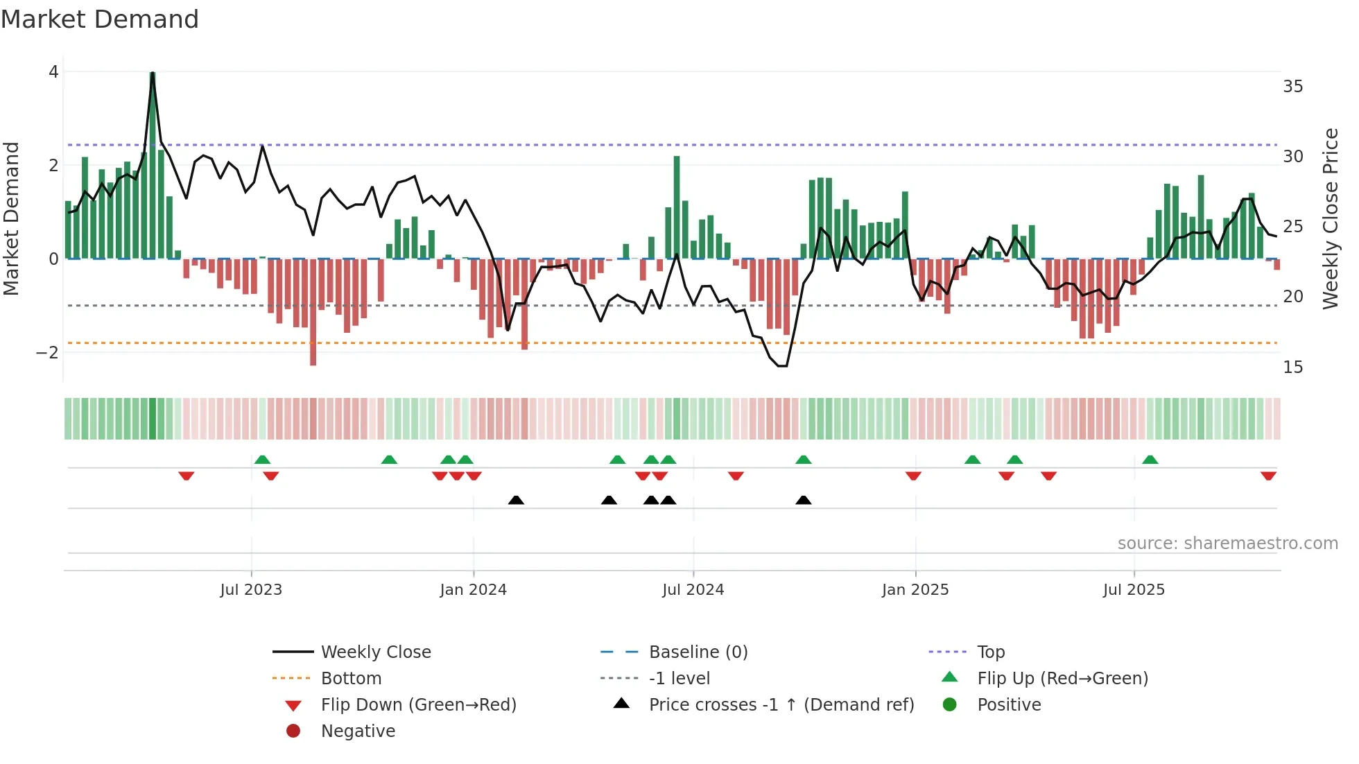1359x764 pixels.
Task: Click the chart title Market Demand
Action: coord(100,19)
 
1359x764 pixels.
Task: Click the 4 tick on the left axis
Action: coord(53,72)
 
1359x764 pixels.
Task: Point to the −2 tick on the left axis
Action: coord(48,352)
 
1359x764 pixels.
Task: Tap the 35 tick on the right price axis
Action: coord(1292,87)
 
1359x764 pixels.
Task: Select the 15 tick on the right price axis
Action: coord(1292,367)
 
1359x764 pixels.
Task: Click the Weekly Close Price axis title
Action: coord(1330,218)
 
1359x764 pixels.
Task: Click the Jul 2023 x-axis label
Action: coord(251,590)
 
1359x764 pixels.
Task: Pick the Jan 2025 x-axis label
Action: coord(915,590)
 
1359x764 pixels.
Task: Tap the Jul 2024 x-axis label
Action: coord(693,590)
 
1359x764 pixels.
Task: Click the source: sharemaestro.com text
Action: coord(1227,544)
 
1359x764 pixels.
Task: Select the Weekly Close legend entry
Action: coord(375,652)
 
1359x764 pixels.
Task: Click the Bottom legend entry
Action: coord(351,679)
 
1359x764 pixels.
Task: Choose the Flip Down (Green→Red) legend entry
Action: coord(418,705)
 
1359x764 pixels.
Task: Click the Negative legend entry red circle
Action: coord(293,731)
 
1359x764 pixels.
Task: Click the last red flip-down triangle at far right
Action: coord(1268,476)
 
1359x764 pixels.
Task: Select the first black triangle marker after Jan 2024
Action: coord(516,500)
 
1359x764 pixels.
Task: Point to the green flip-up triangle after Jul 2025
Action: coord(1150,460)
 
